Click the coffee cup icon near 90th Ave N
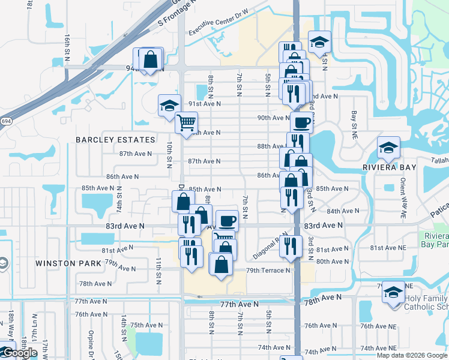pos(301,122)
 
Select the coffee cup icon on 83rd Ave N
pos(227,220)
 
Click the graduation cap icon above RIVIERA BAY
pos(388,148)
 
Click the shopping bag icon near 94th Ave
pos(151,59)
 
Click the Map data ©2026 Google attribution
pos(411,355)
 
